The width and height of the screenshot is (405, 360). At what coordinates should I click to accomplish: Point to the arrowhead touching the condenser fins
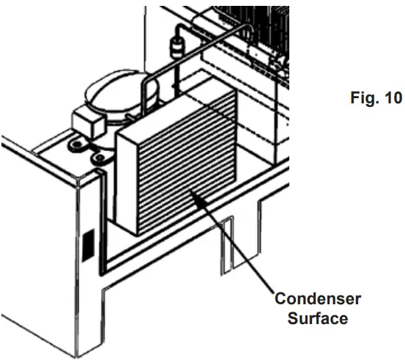click(x=192, y=193)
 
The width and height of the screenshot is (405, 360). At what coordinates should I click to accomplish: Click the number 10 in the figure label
click(x=393, y=100)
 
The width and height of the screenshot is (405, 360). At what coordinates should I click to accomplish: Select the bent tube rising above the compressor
click(x=150, y=81)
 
